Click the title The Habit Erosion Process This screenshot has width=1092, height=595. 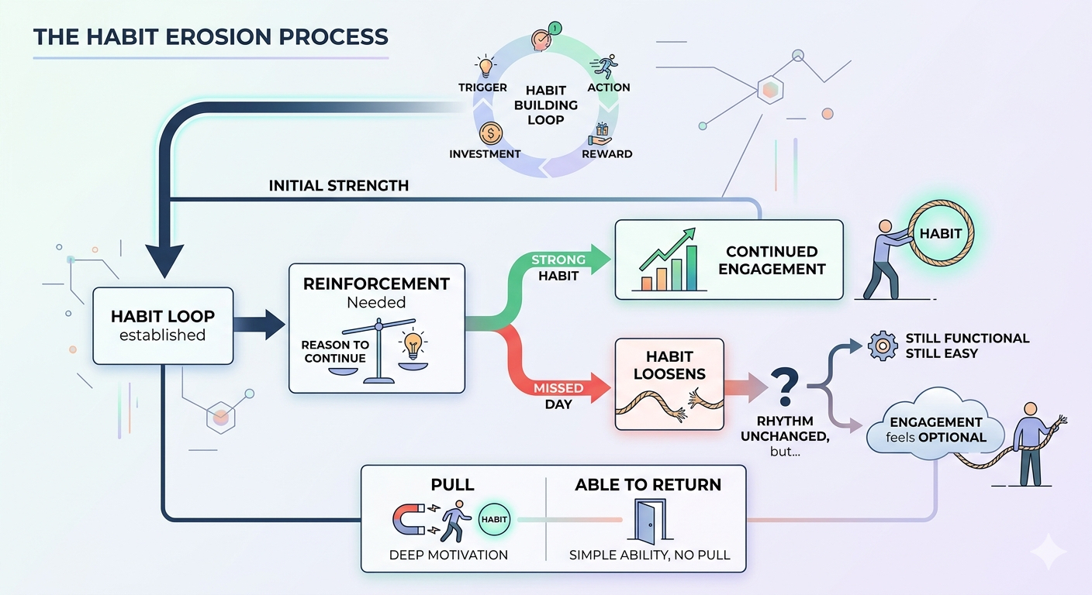(211, 37)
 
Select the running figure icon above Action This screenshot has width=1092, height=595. (604, 67)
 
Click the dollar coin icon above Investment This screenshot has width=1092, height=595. (490, 133)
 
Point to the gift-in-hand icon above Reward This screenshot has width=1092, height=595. (600, 134)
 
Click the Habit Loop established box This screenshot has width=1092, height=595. (163, 325)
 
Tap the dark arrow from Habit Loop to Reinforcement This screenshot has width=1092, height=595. (259, 325)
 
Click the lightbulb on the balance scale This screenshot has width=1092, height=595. (413, 344)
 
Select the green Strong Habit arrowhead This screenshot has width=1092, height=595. (600, 260)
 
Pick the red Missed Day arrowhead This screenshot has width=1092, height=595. (600, 387)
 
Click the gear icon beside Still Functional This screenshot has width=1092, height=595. (883, 346)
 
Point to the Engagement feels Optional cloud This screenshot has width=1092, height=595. (935, 425)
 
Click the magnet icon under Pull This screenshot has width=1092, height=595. (408, 519)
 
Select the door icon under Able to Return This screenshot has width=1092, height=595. (650, 521)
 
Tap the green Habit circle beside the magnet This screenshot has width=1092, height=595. (494, 520)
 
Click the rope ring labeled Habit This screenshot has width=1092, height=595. (941, 233)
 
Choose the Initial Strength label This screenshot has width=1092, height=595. (339, 185)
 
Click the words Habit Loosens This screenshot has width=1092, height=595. (669, 365)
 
